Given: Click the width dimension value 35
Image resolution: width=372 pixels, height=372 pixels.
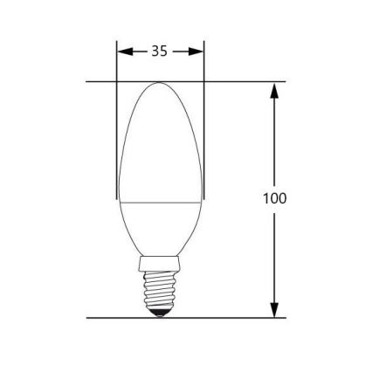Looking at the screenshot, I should point(159,51).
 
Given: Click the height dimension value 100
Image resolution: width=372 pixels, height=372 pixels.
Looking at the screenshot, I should point(274,198).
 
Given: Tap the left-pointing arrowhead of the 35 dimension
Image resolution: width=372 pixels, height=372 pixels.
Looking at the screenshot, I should point(122,51).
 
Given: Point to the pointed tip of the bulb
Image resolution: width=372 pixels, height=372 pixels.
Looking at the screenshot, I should point(160,85).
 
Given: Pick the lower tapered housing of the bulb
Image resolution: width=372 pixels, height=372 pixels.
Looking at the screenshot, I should point(161,227).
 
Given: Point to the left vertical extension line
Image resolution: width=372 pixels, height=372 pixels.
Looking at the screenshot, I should point(117,131).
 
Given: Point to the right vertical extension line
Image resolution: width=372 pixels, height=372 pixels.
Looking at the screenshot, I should point(203,131).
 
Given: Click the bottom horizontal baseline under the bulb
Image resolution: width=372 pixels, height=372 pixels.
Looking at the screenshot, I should point(218,318).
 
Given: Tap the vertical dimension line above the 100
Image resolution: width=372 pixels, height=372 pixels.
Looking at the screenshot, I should point(274,140).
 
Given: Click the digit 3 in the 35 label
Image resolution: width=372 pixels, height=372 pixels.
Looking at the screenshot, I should point(155,51).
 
